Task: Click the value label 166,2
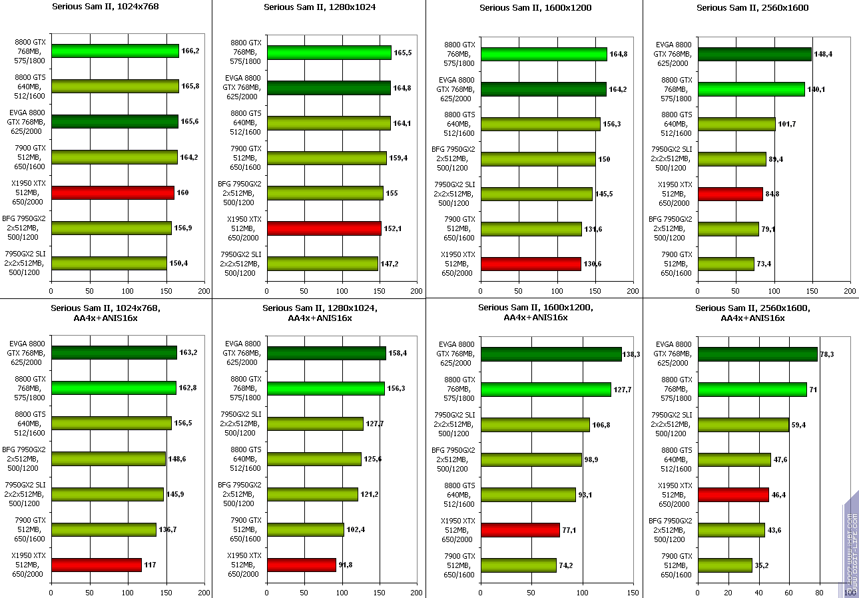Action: (x=190, y=51)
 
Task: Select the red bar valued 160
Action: (x=113, y=192)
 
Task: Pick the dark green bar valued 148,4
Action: (x=754, y=54)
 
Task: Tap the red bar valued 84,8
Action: (x=730, y=194)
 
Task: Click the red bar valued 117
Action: (x=97, y=565)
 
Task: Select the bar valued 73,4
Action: (x=726, y=264)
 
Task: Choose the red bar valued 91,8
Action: (x=302, y=565)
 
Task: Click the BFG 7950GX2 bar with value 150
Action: (x=538, y=159)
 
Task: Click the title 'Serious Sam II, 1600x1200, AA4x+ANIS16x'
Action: (x=535, y=312)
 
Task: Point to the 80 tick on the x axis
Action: (x=820, y=592)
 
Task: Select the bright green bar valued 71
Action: (x=752, y=389)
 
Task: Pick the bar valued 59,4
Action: (x=743, y=424)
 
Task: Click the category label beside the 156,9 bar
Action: (x=24, y=228)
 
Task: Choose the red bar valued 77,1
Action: (x=520, y=530)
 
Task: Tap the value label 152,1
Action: (x=393, y=228)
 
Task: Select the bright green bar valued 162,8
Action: (x=114, y=388)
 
